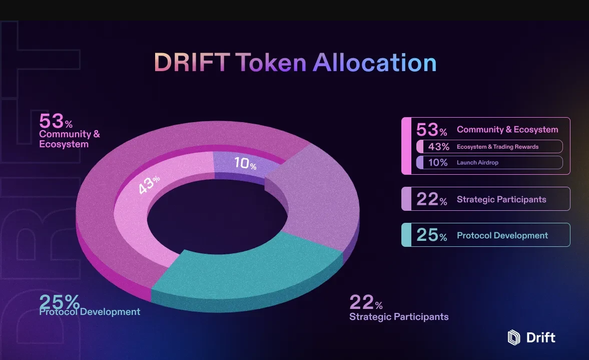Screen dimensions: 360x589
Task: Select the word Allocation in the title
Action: [375, 63]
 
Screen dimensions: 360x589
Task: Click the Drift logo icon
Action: [514, 337]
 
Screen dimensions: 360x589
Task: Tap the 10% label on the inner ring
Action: [245, 164]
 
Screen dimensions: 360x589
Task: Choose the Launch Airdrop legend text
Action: [477, 163]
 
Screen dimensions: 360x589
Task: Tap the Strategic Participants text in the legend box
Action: [501, 199]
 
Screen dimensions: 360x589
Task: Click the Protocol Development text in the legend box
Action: [502, 235]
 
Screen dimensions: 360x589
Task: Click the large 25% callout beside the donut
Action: [60, 302]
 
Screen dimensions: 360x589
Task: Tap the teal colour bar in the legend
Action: [406, 235]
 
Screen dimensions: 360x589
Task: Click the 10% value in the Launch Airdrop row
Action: [438, 163]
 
